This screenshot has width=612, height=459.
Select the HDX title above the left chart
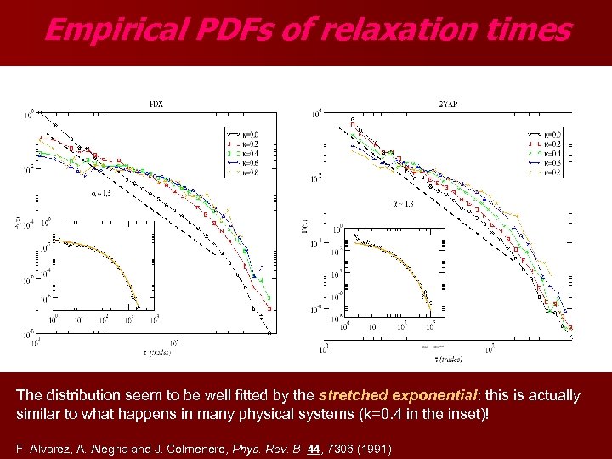pyautogui.click(x=156, y=105)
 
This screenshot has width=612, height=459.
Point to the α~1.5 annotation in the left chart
pyautogui.click(x=100, y=195)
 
